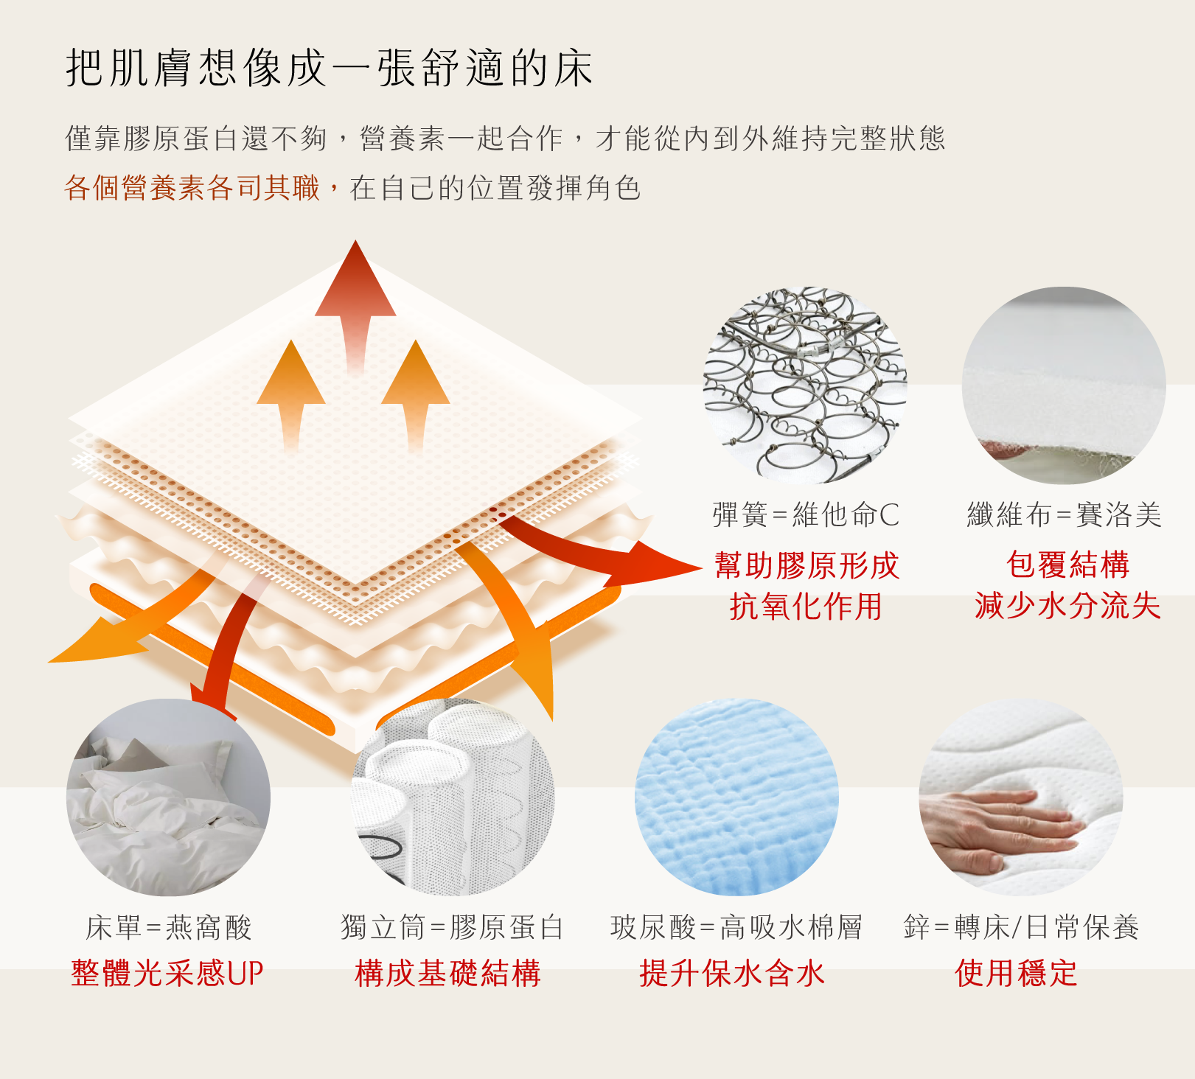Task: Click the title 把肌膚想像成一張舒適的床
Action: coord(330,68)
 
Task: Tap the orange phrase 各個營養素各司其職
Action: coord(192,188)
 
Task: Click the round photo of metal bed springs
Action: coord(805,385)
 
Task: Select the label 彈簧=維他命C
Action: coord(806,514)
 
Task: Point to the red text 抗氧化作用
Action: coord(806,607)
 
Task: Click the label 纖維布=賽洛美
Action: coord(1065,514)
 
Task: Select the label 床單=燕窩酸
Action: coord(169,927)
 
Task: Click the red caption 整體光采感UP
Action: coord(167,973)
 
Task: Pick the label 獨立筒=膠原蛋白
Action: coord(452,927)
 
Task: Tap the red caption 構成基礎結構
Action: coord(448,973)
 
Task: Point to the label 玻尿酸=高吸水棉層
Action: coord(736,927)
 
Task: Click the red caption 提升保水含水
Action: coord(732,973)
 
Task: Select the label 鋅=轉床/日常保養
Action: coord(1022,927)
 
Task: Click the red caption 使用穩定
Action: coord(1016,973)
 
